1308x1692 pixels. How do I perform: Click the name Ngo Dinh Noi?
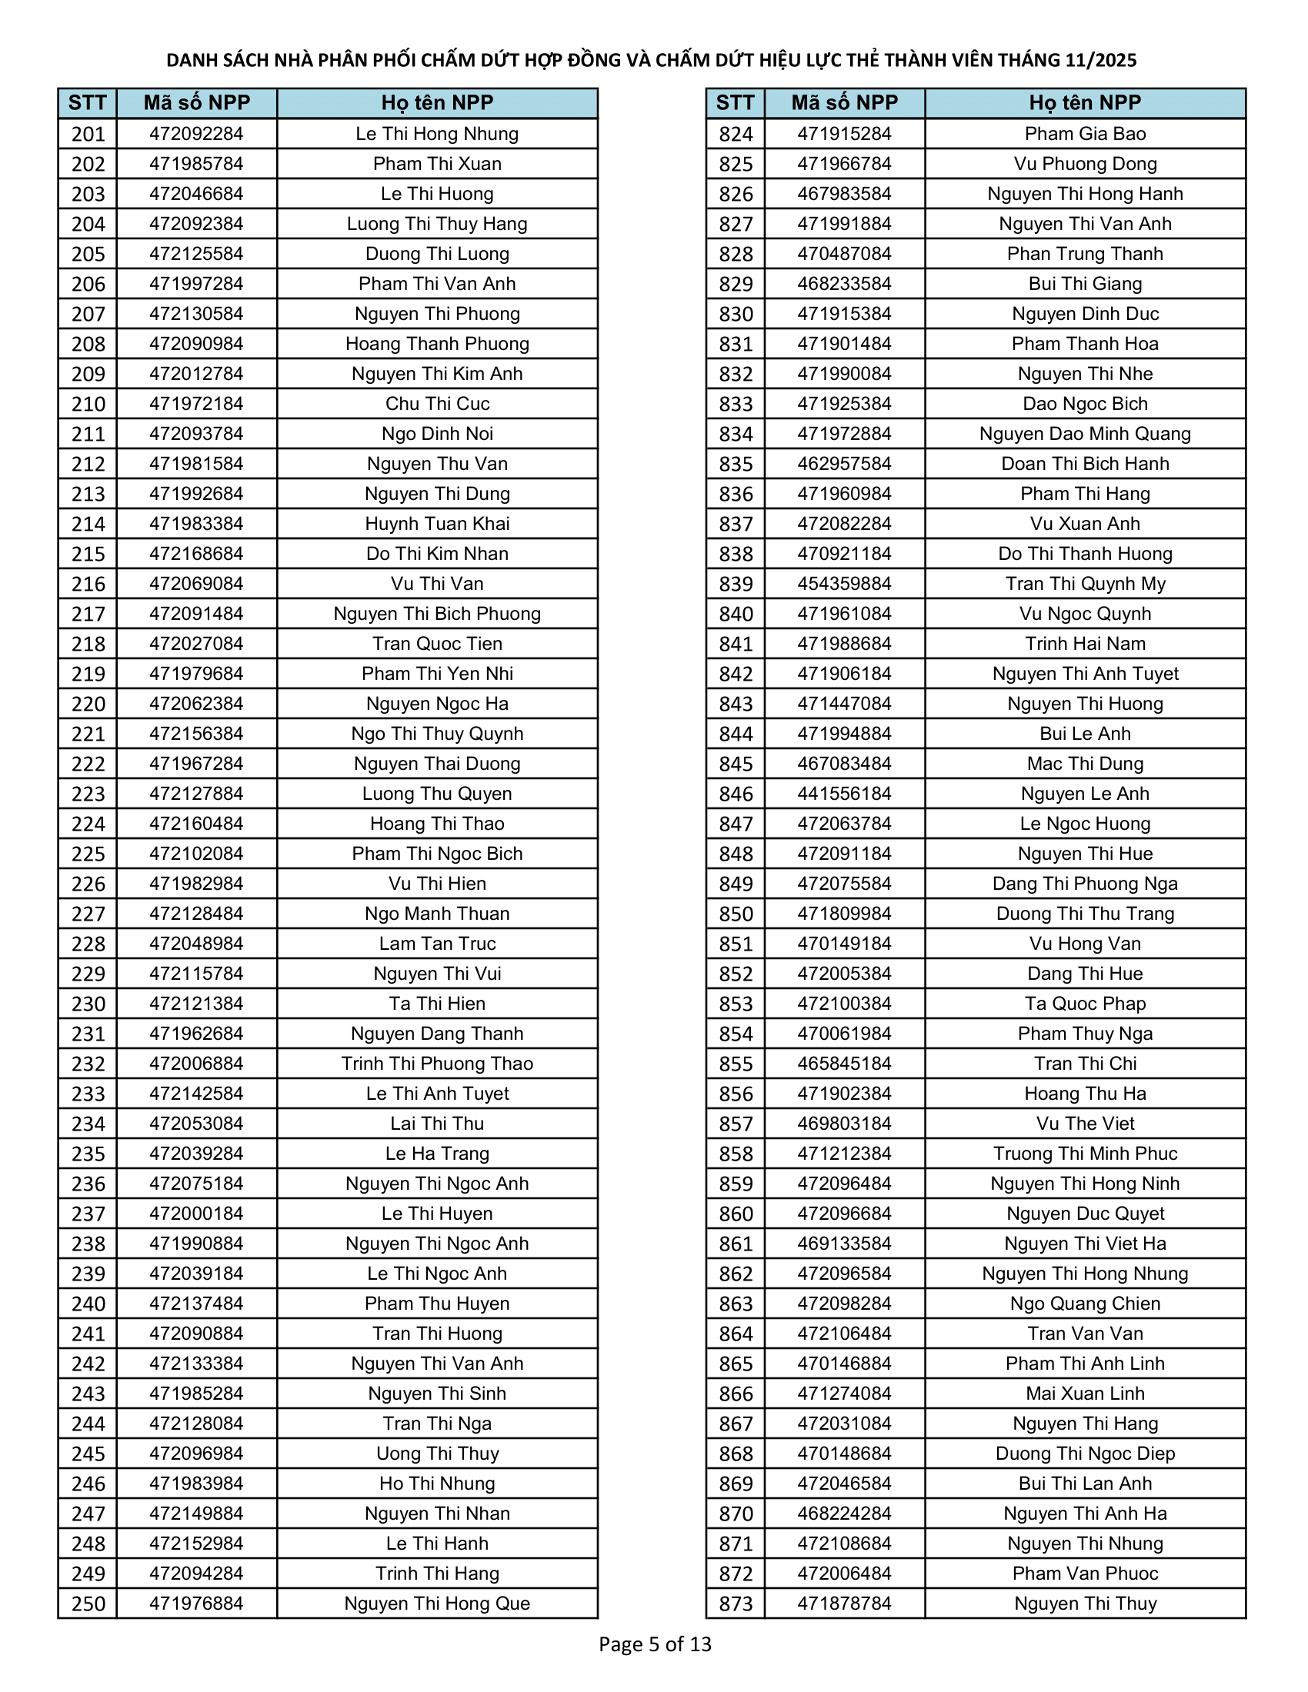point(437,434)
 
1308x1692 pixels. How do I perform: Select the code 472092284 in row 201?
point(196,134)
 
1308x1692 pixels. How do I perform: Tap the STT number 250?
point(88,1604)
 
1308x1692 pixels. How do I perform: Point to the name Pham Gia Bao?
point(1085,134)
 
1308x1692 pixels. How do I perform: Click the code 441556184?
point(845,794)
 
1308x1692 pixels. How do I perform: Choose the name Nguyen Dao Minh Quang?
point(1085,434)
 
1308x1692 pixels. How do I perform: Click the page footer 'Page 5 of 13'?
point(655,1644)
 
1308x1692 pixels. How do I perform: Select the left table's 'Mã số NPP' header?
point(197,103)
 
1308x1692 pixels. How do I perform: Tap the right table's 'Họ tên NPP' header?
point(1085,103)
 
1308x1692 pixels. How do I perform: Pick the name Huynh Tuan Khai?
point(437,524)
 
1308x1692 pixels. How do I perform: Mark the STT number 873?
point(736,1604)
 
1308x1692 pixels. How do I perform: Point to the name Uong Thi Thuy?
point(437,1454)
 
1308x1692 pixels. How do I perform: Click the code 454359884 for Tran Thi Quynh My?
point(845,585)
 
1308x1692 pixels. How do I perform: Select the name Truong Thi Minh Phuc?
point(1085,1154)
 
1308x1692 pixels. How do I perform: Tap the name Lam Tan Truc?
point(437,944)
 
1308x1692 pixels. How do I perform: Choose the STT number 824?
point(736,134)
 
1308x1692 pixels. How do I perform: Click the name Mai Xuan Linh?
point(1085,1394)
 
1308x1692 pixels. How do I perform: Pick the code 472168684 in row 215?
point(196,554)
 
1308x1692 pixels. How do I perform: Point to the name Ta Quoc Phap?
point(1085,1004)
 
